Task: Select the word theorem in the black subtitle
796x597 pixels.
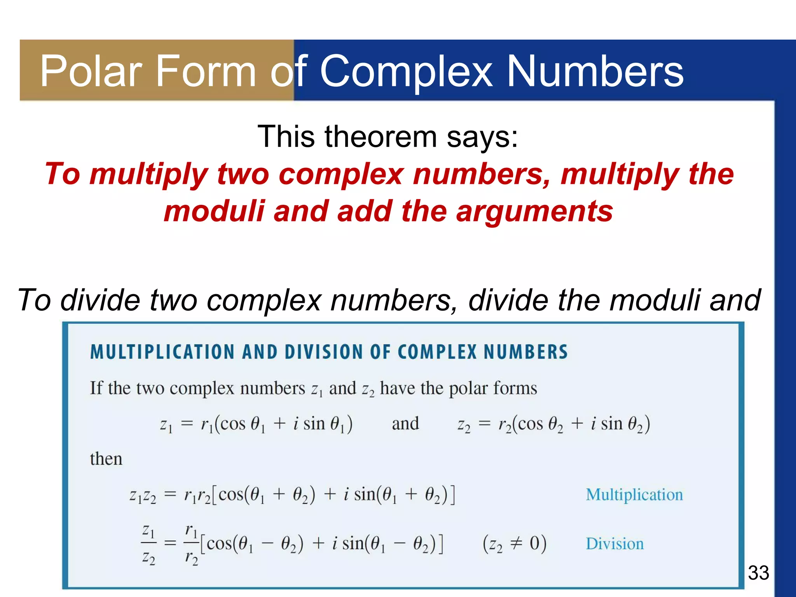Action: [381, 137]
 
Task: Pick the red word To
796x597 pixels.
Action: [62, 174]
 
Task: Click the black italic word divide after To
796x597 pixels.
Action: [100, 300]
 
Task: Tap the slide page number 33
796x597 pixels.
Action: [758, 573]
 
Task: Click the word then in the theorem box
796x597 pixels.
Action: [106, 459]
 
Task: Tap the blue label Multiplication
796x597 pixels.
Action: [634, 495]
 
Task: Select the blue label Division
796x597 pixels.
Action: [614, 544]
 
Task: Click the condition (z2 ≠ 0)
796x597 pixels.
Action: [515, 544]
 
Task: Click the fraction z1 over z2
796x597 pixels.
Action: [148, 543]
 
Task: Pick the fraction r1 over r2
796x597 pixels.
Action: [191, 543]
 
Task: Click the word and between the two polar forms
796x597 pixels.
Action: [405, 424]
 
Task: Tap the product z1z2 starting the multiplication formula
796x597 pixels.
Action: [143, 496]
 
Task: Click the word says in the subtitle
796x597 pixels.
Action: [482, 137]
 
